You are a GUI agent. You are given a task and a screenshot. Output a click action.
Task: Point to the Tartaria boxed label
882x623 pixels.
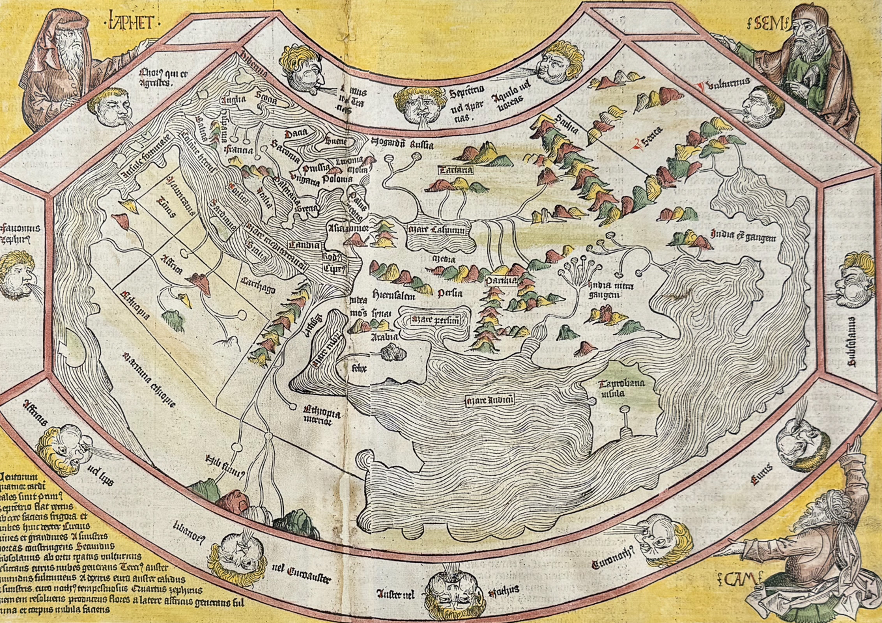pos(456,170)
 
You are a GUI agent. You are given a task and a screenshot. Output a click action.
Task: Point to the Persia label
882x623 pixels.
pos(450,292)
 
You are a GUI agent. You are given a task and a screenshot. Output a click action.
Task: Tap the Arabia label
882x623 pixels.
pos(384,337)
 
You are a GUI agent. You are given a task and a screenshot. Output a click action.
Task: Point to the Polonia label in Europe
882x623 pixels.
pos(337,178)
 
